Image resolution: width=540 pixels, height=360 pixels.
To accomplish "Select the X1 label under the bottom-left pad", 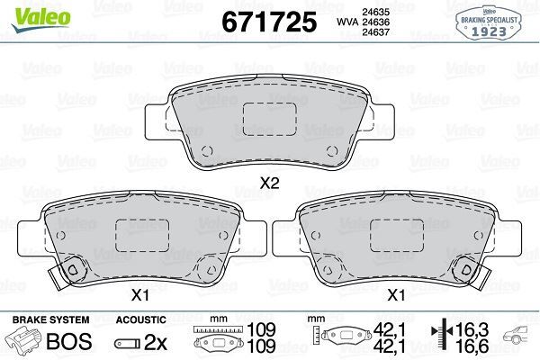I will tap(139, 294).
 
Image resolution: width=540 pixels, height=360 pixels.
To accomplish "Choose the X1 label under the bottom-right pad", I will tap(394, 294).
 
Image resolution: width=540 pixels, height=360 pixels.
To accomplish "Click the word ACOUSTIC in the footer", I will tap(141, 319).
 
